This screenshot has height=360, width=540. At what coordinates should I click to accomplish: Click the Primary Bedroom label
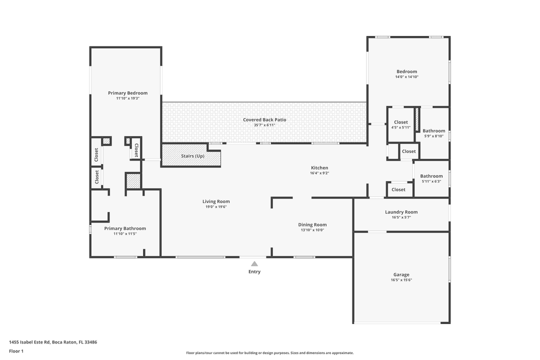pyautogui.click(x=128, y=93)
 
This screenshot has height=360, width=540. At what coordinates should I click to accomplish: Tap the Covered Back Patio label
pyautogui.click(x=264, y=119)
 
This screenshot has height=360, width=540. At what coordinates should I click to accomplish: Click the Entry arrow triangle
pyautogui.click(x=254, y=263)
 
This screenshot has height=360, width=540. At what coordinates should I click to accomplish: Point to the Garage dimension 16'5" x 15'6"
pyautogui.click(x=401, y=280)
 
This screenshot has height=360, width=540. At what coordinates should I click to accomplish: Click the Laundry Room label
pyautogui.click(x=401, y=212)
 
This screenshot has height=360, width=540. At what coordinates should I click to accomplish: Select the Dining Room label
pyautogui.click(x=312, y=224)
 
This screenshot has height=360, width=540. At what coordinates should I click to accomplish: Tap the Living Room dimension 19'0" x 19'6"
pyautogui.click(x=216, y=207)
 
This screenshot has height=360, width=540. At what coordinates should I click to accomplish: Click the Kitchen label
pyautogui.click(x=319, y=167)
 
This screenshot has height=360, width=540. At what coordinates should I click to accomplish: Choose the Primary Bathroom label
pyautogui.click(x=125, y=228)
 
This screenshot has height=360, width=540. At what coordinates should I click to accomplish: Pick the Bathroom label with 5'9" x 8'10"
pyautogui.click(x=433, y=131)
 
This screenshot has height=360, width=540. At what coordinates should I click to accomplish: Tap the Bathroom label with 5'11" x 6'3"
pyautogui.click(x=431, y=176)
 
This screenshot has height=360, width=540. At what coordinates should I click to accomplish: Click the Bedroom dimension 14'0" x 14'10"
pyautogui.click(x=406, y=77)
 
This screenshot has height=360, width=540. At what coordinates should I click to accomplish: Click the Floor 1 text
pyautogui.click(x=16, y=351)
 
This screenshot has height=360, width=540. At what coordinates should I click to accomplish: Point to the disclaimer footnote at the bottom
pyautogui.click(x=269, y=352)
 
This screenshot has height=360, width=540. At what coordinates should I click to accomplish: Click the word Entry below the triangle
pyautogui.click(x=254, y=272)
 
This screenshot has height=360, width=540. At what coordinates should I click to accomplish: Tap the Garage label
pyautogui.click(x=401, y=274)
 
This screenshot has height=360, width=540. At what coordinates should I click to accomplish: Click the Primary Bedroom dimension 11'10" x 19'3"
pyautogui.click(x=128, y=98)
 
